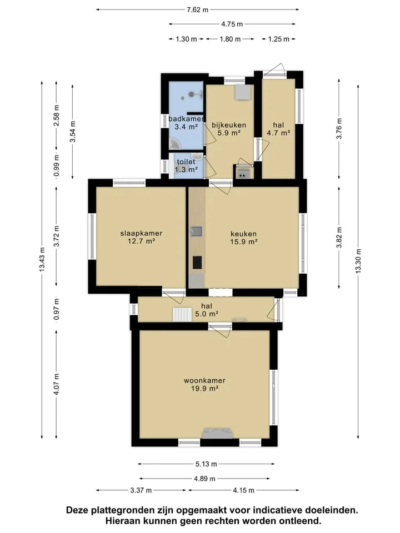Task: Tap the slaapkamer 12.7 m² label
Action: tap(141, 237)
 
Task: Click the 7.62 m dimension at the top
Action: tap(197, 9)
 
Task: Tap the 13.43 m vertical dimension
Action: tap(42, 259)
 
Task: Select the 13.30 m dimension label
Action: tap(358, 261)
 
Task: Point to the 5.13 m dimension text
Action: tap(206, 464)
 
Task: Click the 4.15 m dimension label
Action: tap(243, 490)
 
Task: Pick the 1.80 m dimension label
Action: tap(230, 39)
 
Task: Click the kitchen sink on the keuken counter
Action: tap(196, 231)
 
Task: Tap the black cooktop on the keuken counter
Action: tap(197, 263)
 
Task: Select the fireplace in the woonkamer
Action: tap(218, 433)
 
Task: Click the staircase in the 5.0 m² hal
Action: tap(183, 314)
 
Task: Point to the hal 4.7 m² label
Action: tap(278, 129)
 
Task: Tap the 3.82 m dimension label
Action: tap(339, 237)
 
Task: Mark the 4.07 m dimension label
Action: tap(57, 384)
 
